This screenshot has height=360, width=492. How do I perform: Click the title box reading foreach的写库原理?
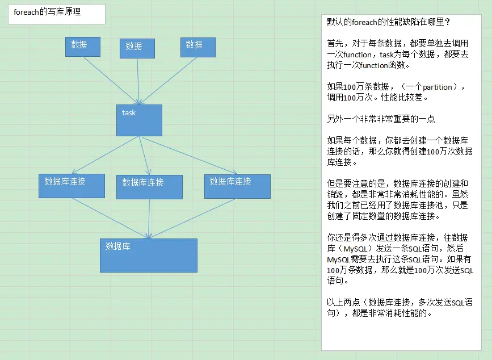[56, 14]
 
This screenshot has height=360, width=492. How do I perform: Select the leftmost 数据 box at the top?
[83, 47]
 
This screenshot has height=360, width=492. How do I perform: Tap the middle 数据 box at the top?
[137, 48]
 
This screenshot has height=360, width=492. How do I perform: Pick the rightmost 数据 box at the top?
[198, 47]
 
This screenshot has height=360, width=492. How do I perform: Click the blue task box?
[139, 120]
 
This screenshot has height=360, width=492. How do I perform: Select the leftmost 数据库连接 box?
[72, 186]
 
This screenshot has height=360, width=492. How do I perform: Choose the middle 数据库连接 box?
[149, 187]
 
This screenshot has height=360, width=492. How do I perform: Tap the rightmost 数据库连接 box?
[237, 186]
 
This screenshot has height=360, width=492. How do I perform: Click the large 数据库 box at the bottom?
[149, 255]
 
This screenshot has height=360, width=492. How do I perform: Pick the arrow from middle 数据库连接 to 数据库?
[149, 219]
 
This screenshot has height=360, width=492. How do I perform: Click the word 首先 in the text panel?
[335, 44]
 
